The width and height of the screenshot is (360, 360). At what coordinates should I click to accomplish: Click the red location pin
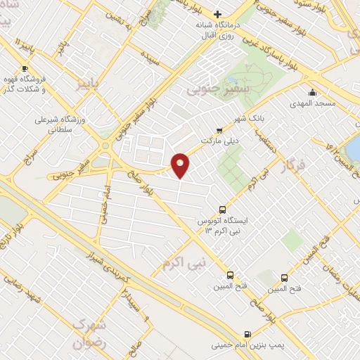click(181, 165)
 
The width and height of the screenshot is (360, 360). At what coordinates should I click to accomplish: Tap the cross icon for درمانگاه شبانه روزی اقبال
click(218, 13)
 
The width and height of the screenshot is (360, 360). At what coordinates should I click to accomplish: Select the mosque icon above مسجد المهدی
click(312, 92)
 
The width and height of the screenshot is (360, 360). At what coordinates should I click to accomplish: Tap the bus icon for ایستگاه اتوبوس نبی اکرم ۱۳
click(223, 209)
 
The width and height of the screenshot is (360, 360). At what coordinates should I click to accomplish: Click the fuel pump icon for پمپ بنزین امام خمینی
click(247, 334)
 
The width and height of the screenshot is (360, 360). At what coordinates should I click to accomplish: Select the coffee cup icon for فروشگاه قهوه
click(25, 68)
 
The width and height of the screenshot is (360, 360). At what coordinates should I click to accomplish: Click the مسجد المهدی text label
click(312, 104)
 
